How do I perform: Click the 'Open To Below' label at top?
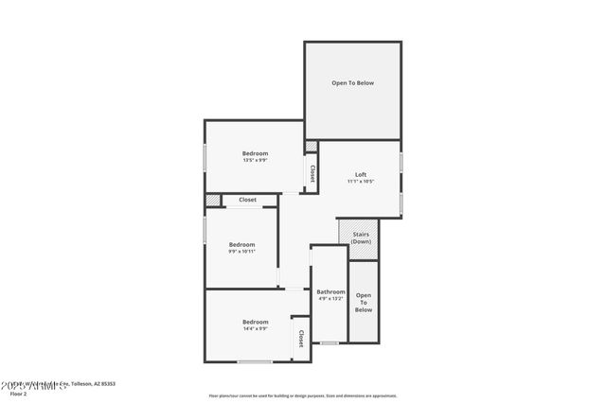pos(352,83)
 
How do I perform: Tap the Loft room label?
pos(361,174)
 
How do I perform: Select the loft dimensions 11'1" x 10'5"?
pos(361,182)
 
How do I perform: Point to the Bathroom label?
pos(330,291)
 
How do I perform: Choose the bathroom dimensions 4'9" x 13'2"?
pos(330,299)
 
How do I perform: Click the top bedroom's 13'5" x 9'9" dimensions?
pos(255,161)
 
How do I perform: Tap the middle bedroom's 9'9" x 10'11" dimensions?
pos(242,252)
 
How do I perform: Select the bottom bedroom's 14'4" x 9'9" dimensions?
pos(255,329)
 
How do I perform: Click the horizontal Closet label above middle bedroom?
pos(247,200)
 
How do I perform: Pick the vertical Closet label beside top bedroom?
pos(312,173)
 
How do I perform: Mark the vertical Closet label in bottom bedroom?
pos(300,338)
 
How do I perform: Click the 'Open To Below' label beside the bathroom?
pos(364,302)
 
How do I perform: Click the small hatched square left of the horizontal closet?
pos(213,200)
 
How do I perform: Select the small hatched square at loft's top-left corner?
pos(311,146)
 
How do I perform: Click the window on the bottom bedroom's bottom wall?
pos(255,362)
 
